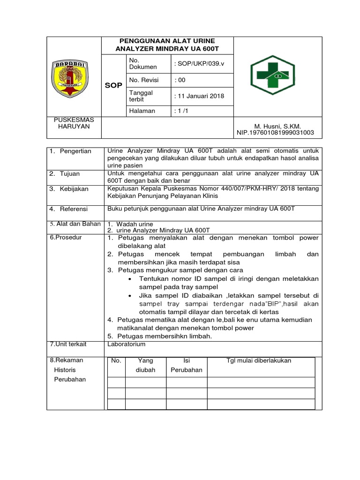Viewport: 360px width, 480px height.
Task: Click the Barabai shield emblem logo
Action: point(75,76)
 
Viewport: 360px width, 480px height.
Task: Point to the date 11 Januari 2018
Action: point(199,96)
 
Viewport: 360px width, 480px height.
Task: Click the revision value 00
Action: point(180,80)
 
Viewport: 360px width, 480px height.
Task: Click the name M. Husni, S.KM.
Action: point(277,126)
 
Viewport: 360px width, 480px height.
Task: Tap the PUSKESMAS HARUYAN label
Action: point(74,123)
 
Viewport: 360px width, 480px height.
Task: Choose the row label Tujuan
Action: point(70,173)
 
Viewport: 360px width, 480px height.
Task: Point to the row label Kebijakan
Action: point(73,188)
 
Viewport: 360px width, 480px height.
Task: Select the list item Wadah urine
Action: point(135,224)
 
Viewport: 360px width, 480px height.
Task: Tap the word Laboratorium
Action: point(126,344)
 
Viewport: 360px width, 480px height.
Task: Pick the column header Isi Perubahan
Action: point(186,365)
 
